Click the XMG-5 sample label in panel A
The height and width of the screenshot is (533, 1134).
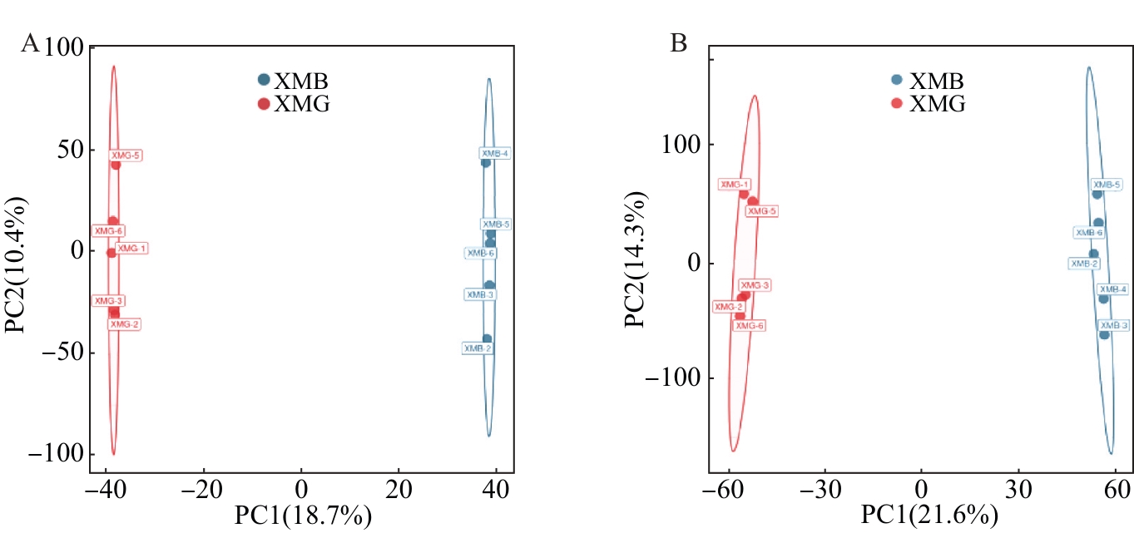click(x=126, y=155)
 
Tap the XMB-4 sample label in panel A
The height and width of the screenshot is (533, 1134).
click(x=495, y=153)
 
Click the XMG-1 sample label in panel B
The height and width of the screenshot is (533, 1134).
click(x=735, y=185)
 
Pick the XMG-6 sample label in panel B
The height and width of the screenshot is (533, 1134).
click(x=749, y=325)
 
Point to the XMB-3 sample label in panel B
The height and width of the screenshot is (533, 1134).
click(x=1112, y=326)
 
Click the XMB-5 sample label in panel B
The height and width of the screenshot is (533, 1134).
click(x=1107, y=185)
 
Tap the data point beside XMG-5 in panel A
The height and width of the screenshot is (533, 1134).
click(x=116, y=165)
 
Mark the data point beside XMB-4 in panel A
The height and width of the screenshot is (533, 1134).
click(x=486, y=162)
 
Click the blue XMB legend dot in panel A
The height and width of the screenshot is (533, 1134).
click(x=264, y=81)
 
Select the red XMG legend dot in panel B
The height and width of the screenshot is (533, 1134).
click(x=896, y=104)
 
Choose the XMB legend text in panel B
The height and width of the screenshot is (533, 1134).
click(x=937, y=81)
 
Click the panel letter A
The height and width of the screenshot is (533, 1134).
click(x=30, y=44)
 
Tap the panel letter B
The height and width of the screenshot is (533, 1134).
click(x=679, y=44)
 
